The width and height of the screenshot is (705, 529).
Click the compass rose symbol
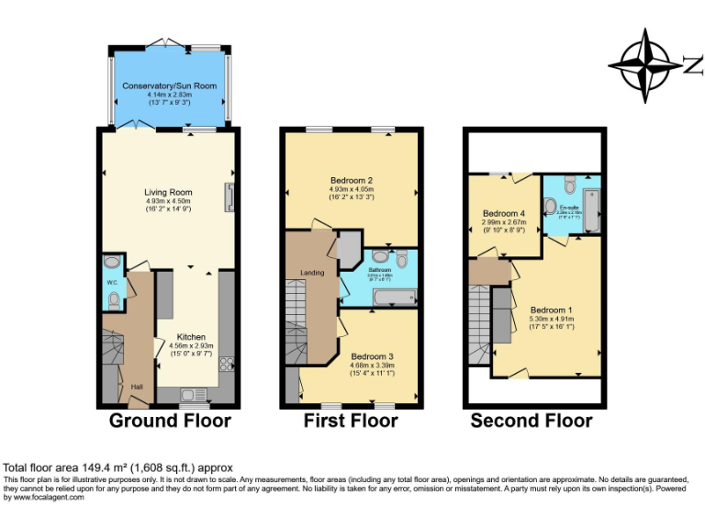[x=649, y=64]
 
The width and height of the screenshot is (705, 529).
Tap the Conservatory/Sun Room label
[x=169, y=85]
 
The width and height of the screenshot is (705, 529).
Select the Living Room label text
[x=169, y=192]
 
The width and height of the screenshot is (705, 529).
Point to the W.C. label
[x=112, y=282]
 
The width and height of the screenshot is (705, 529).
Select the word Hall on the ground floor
[x=137, y=387]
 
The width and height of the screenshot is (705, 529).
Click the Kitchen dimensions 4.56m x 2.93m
[x=191, y=345]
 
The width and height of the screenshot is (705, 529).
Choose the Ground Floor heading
[x=170, y=422]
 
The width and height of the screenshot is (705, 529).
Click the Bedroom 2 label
[x=351, y=180]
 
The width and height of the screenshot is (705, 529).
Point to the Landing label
[x=313, y=273]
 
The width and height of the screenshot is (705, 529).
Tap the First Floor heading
[x=351, y=422]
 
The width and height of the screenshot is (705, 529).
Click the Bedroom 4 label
[x=504, y=213]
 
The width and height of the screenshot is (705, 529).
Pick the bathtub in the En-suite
[x=591, y=210]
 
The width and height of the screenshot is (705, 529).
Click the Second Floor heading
[x=532, y=422]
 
